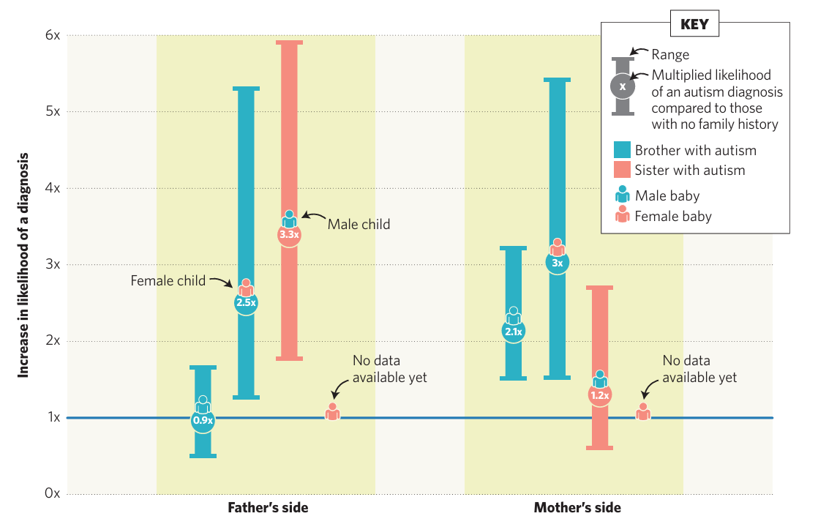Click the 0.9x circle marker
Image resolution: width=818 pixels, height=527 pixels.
(x=203, y=420)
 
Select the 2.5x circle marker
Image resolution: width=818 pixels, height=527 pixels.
(x=246, y=302)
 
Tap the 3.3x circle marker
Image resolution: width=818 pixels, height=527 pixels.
(x=289, y=235)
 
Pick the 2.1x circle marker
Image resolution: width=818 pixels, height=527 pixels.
(x=513, y=332)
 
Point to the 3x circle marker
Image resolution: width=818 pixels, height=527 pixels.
(x=557, y=263)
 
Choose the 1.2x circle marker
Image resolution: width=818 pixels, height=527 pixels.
(x=600, y=395)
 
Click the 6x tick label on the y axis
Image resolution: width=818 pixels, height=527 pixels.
(x=52, y=35)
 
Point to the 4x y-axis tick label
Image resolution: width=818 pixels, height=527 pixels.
(x=52, y=188)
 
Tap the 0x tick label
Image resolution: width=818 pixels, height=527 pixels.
(x=52, y=493)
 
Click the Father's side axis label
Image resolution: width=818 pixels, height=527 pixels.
(x=268, y=508)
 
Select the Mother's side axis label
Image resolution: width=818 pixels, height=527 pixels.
(x=577, y=508)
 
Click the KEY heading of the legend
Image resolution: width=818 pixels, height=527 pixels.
(x=694, y=24)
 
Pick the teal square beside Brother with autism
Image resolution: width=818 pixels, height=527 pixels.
(x=622, y=150)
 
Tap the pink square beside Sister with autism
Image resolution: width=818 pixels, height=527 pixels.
(x=622, y=170)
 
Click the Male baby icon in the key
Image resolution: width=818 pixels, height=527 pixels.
(x=623, y=195)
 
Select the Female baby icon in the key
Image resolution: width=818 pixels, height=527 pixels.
(x=623, y=215)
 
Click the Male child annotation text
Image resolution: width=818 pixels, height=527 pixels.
(x=359, y=224)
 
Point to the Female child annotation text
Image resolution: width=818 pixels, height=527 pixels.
(x=168, y=280)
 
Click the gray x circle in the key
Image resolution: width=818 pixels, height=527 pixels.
(x=623, y=86)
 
